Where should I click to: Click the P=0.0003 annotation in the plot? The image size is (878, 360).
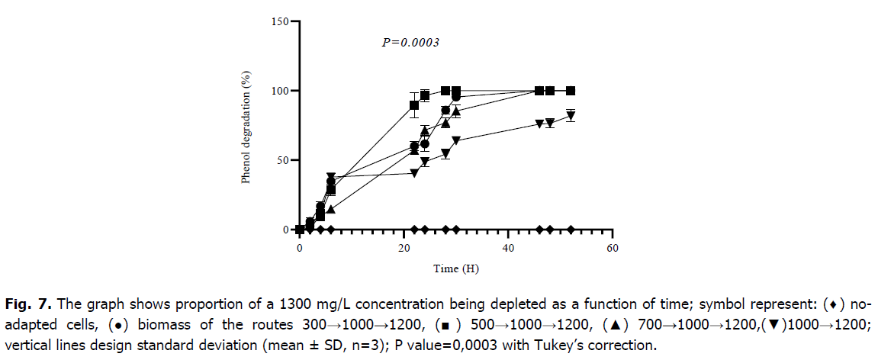pyautogui.click(x=410, y=43)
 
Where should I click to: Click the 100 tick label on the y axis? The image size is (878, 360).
pyautogui.click(x=281, y=91)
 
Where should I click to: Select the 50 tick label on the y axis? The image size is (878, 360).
pyautogui.click(x=283, y=160)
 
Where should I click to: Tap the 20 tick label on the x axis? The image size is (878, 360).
pyautogui.click(x=404, y=249)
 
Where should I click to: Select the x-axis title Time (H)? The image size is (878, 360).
pyautogui.click(x=456, y=268)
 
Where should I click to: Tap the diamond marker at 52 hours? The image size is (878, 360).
pyautogui.click(x=571, y=230)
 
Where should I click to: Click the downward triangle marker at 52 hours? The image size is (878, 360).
pyautogui.click(x=571, y=117)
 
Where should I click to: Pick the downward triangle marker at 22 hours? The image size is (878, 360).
pyautogui.click(x=414, y=173)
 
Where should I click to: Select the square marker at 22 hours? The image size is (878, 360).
pyautogui.click(x=414, y=105)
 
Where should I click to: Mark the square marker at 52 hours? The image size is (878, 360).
pyautogui.click(x=571, y=91)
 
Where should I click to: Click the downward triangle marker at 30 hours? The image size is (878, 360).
pyautogui.click(x=456, y=141)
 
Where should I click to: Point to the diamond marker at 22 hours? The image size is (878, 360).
pyautogui.click(x=414, y=230)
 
